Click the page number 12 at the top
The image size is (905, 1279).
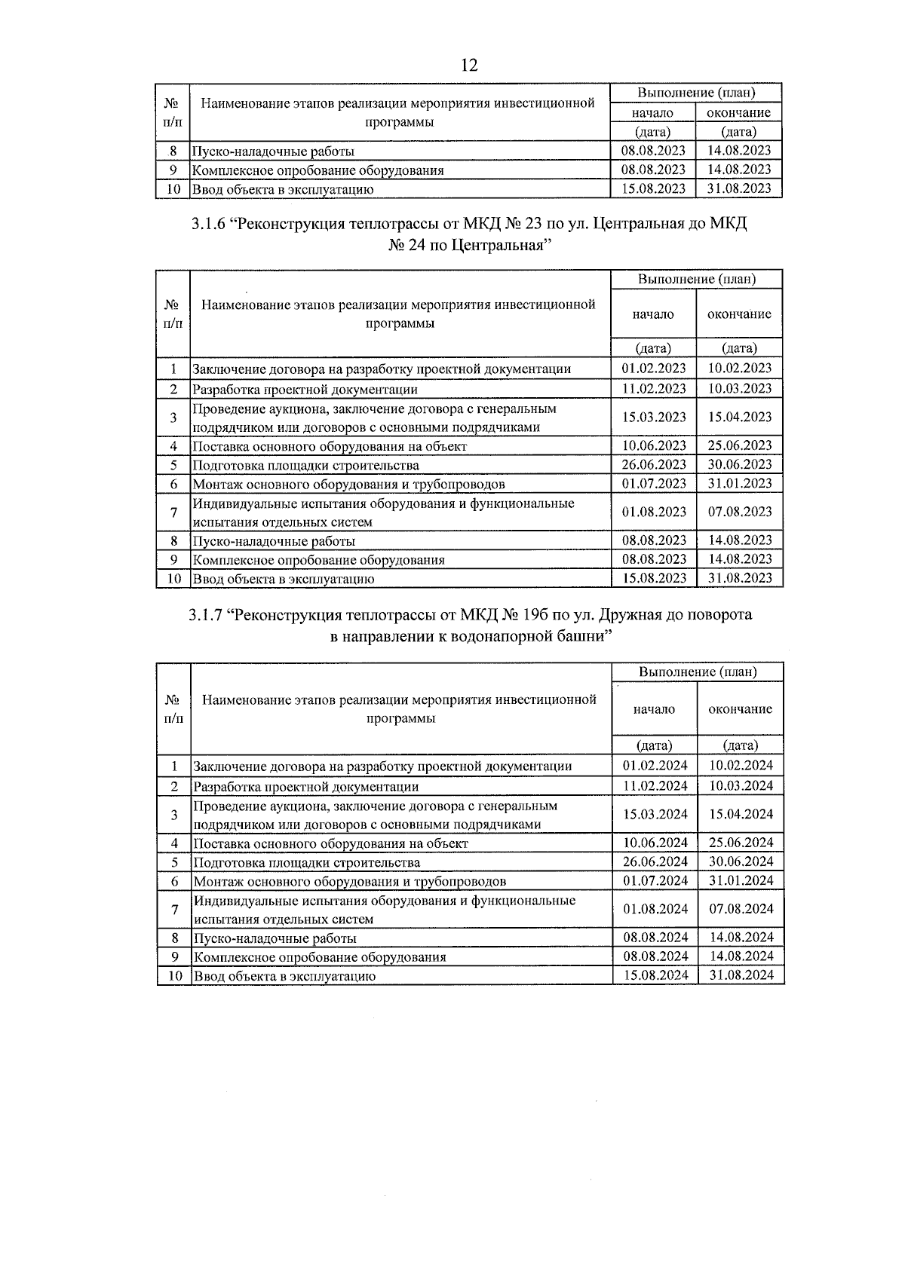pyautogui.click(x=468, y=66)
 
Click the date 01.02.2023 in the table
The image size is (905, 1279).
pyautogui.click(x=653, y=368)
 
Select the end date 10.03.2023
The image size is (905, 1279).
pyautogui.click(x=739, y=388)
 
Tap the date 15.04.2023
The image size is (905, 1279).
pyautogui.click(x=739, y=417)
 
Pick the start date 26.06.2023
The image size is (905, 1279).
pyautogui.click(x=653, y=464)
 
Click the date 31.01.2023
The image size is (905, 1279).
pyautogui.click(x=739, y=483)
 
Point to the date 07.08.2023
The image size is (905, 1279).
pyautogui.click(x=739, y=512)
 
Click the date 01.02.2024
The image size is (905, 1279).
pyautogui.click(x=655, y=765)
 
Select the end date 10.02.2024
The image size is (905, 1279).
pyautogui.click(x=741, y=765)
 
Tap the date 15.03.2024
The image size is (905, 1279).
pyautogui.click(x=655, y=814)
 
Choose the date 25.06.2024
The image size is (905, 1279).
pyautogui.click(x=741, y=843)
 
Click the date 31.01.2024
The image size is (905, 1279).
pyautogui.click(x=741, y=880)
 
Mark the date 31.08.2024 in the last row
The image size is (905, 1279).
pyautogui.click(x=741, y=975)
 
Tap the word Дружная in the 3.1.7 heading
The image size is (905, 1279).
pyautogui.click(x=630, y=615)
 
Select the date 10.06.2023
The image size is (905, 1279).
pyautogui.click(x=653, y=445)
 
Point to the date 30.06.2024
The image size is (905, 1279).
pyautogui.click(x=741, y=861)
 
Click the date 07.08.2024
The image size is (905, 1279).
pyautogui.click(x=741, y=909)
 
